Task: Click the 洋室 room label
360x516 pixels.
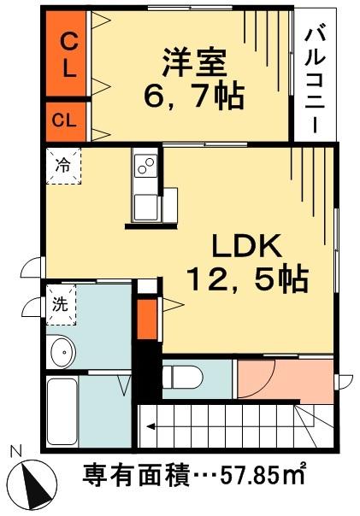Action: click(195, 63)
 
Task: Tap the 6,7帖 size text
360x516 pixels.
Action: click(193, 97)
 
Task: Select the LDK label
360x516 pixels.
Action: click(246, 247)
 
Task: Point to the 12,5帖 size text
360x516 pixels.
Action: click(248, 279)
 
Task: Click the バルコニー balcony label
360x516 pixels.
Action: click(315, 81)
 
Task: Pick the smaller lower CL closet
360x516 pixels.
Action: click(66, 121)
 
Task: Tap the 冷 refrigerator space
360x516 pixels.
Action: click(63, 166)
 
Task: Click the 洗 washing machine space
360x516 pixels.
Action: click(62, 305)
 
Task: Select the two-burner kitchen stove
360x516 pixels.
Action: click(145, 166)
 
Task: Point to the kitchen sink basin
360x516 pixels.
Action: click(146, 207)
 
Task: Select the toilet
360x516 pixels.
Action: click(182, 378)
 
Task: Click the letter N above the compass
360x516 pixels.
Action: click(15, 451)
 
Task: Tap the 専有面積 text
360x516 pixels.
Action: click(136, 476)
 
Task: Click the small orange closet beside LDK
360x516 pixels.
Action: click(147, 319)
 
